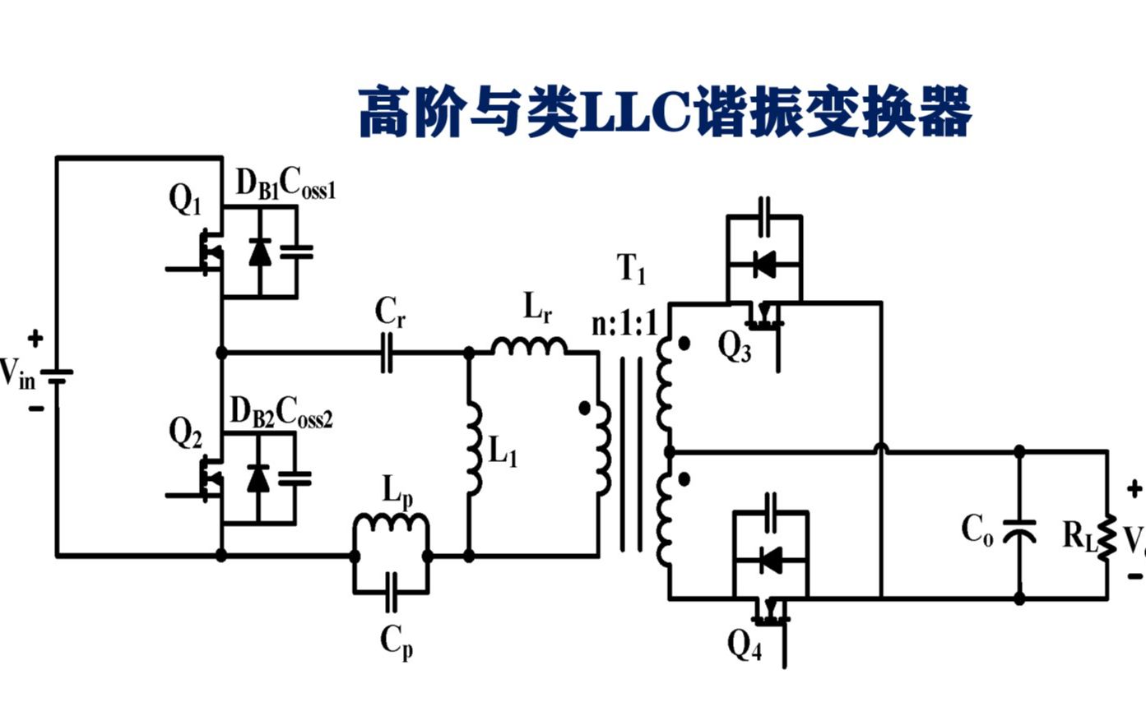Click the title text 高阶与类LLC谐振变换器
665,113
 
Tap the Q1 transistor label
185,200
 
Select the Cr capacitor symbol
387,353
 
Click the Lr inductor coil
529,346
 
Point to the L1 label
503,452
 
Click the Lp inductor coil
391,524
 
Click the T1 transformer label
632,269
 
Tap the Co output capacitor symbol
1020,527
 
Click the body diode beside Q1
260,252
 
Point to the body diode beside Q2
258,478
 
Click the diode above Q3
763,265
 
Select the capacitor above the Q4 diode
771,510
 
